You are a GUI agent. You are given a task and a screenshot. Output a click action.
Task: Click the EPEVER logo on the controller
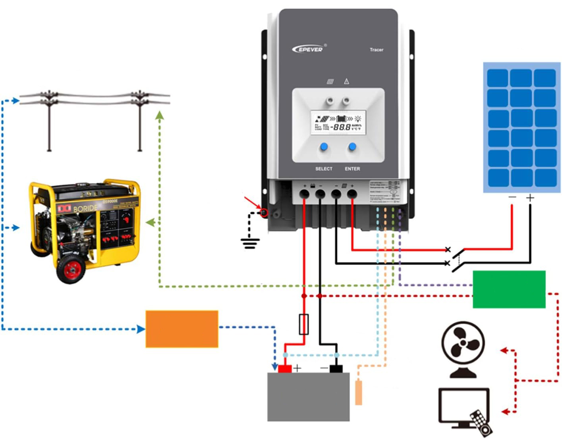(308, 49)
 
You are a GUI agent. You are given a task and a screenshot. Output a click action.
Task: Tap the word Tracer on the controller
(376, 50)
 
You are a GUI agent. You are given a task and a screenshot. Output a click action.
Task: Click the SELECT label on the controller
(324, 169)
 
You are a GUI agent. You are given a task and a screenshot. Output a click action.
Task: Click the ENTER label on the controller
(352, 169)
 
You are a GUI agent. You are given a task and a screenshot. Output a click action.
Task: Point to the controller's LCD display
(338, 122)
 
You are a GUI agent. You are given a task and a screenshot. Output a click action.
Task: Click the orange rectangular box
(182, 329)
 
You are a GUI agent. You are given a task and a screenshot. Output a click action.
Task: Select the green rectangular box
(509, 289)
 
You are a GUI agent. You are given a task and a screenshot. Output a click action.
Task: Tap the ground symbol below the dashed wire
(250, 243)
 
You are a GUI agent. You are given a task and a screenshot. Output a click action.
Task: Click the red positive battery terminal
(284, 369)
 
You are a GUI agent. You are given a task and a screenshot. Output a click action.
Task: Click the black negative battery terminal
(336, 369)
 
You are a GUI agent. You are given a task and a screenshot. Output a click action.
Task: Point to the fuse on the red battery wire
(303, 324)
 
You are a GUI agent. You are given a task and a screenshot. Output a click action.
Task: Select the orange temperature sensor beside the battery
(358, 393)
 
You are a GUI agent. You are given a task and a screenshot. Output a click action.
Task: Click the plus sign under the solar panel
(530, 197)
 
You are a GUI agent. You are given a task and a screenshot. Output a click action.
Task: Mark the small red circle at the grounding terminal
(264, 213)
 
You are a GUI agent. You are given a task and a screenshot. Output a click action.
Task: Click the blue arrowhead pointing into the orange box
(141, 329)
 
